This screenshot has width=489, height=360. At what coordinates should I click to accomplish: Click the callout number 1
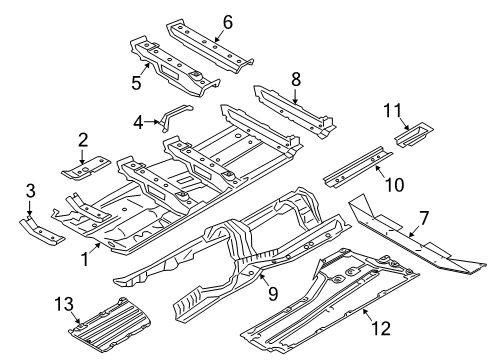(x=85, y=259)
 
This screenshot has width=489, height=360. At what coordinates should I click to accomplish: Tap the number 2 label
(x=83, y=140)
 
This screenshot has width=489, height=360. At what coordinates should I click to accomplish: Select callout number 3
(x=30, y=191)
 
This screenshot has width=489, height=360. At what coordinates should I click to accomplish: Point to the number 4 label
(x=138, y=122)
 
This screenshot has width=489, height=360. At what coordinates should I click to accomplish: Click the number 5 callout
(x=136, y=82)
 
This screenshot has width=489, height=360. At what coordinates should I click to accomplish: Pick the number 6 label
(x=228, y=22)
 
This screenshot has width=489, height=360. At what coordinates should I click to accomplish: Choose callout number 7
(x=424, y=219)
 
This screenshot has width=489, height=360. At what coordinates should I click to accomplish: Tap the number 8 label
(x=296, y=79)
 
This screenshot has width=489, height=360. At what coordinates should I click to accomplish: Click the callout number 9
(x=273, y=294)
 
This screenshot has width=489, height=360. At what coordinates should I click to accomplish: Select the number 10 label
(x=394, y=184)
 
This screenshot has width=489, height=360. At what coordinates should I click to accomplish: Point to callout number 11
(x=393, y=110)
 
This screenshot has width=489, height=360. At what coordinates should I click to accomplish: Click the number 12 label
(x=381, y=328)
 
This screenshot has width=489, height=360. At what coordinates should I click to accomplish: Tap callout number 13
(x=64, y=304)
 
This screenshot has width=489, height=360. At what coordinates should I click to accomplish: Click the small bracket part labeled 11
(x=414, y=134)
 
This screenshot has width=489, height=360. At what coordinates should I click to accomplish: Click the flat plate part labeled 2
(x=86, y=168)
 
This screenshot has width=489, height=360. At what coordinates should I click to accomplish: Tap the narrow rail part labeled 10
(x=358, y=166)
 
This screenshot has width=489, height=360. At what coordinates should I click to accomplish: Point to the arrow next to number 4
(x=153, y=122)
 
